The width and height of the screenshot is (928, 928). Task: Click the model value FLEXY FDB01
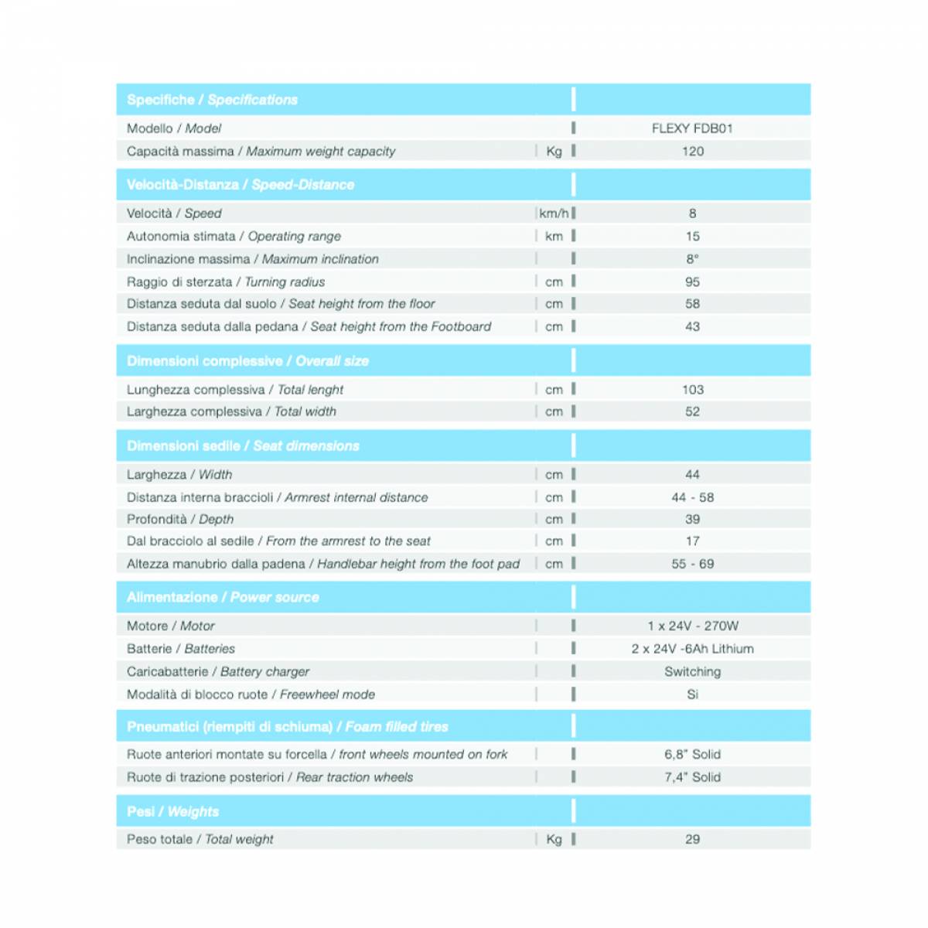click(x=692, y=128)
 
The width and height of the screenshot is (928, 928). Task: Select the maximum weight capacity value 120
click(x=692, y=152)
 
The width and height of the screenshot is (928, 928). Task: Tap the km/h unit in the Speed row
click(x=554, y=213)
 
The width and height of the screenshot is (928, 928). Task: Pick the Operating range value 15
click(x=692, y=237)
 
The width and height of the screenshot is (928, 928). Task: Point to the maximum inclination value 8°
click(x=692, y=259)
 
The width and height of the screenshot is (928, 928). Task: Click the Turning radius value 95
click(x=692, y=282)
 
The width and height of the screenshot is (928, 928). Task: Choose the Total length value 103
click(x=692, y=390)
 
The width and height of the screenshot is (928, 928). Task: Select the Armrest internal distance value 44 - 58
click(x=692, y=497)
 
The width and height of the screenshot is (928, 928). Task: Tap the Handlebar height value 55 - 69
click(x=692, y=564)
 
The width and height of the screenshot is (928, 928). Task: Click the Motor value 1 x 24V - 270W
click(x=692, y=626)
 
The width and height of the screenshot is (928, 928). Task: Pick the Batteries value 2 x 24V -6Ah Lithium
click(x=692, y=649)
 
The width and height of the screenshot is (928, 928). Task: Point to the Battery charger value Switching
click(x=692, y=671)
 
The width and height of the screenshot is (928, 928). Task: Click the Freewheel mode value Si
click(x=692, y=694)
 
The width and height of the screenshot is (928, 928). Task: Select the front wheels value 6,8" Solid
click(x=692, y=754)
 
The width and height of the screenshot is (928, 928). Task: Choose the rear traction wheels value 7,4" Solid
click(x=692, y=777)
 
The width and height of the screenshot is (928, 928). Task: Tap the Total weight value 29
click(x=692, y=839)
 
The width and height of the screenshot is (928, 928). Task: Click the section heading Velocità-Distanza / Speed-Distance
click(x=241, y=185)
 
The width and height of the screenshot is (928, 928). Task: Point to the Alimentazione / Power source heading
click(x=223, y=597)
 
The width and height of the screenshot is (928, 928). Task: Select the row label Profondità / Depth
click(x=180, y=520)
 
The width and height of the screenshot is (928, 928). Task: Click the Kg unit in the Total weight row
click(x=554, y=839)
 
